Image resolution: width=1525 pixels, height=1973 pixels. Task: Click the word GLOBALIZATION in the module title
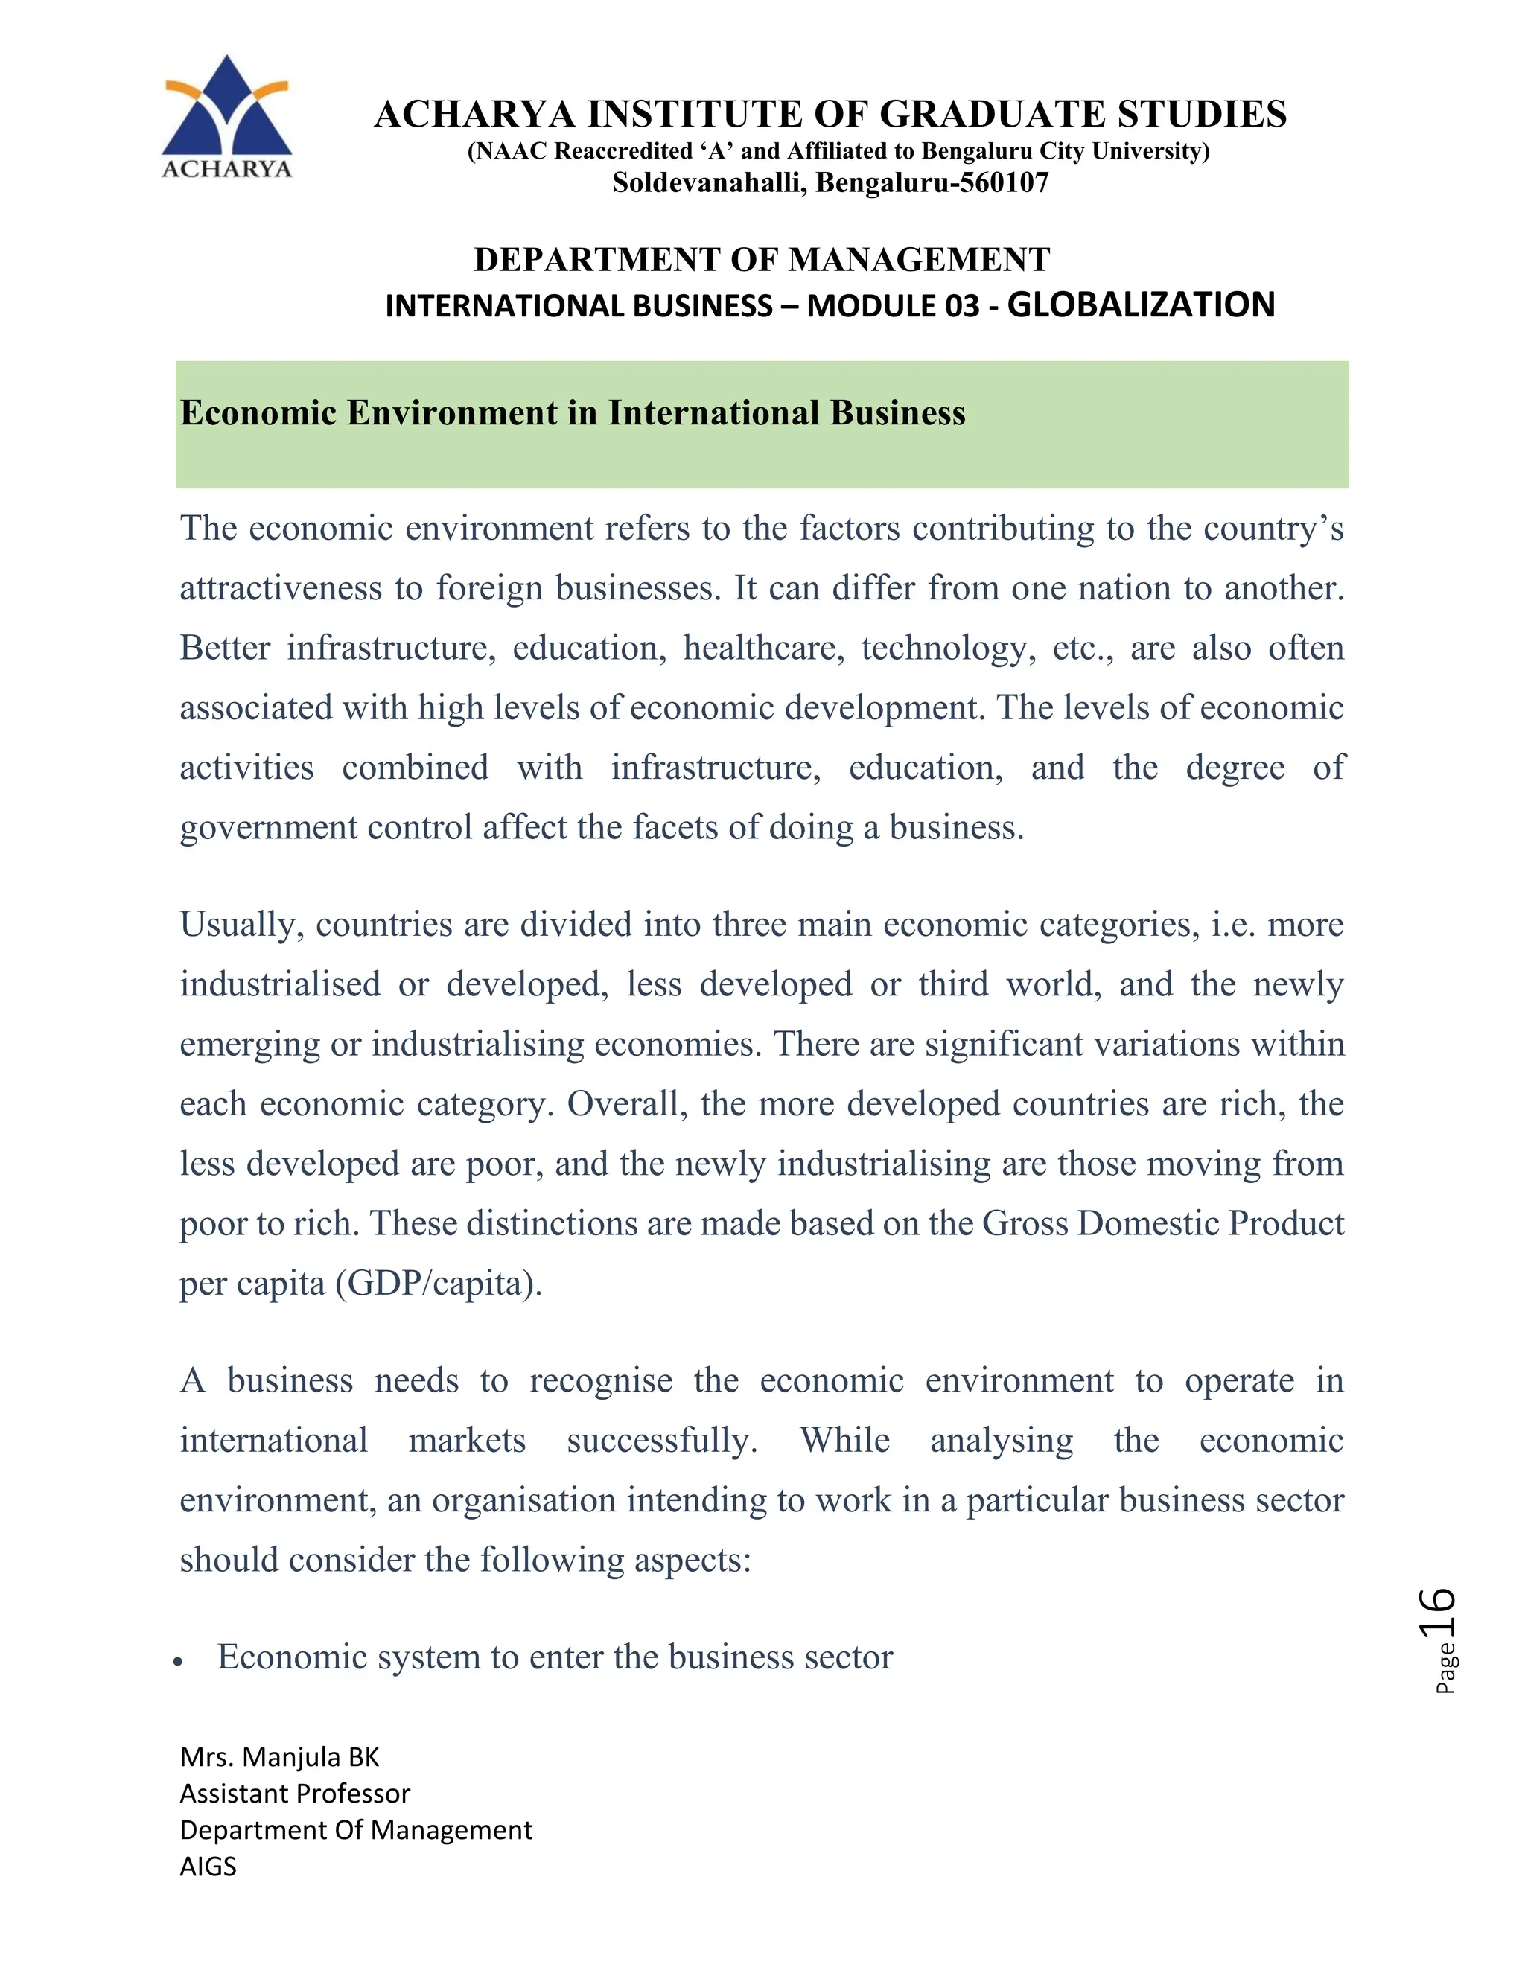click(1140, 305)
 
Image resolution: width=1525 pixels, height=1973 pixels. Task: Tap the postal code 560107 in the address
click(1003, 183)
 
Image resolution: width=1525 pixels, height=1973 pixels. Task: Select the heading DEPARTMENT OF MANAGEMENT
click(762, 260)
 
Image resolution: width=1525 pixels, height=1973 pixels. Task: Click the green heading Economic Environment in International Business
click(573, 413)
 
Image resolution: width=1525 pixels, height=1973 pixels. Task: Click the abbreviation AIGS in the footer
click(208, 1866)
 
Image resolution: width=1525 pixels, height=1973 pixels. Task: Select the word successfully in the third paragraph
click(662, 1440)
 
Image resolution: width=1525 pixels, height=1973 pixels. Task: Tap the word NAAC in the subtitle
click(510, 151)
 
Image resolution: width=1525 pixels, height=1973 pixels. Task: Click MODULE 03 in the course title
click(893, 306)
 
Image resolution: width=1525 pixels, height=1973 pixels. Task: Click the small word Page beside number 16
click(1445, 1667)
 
